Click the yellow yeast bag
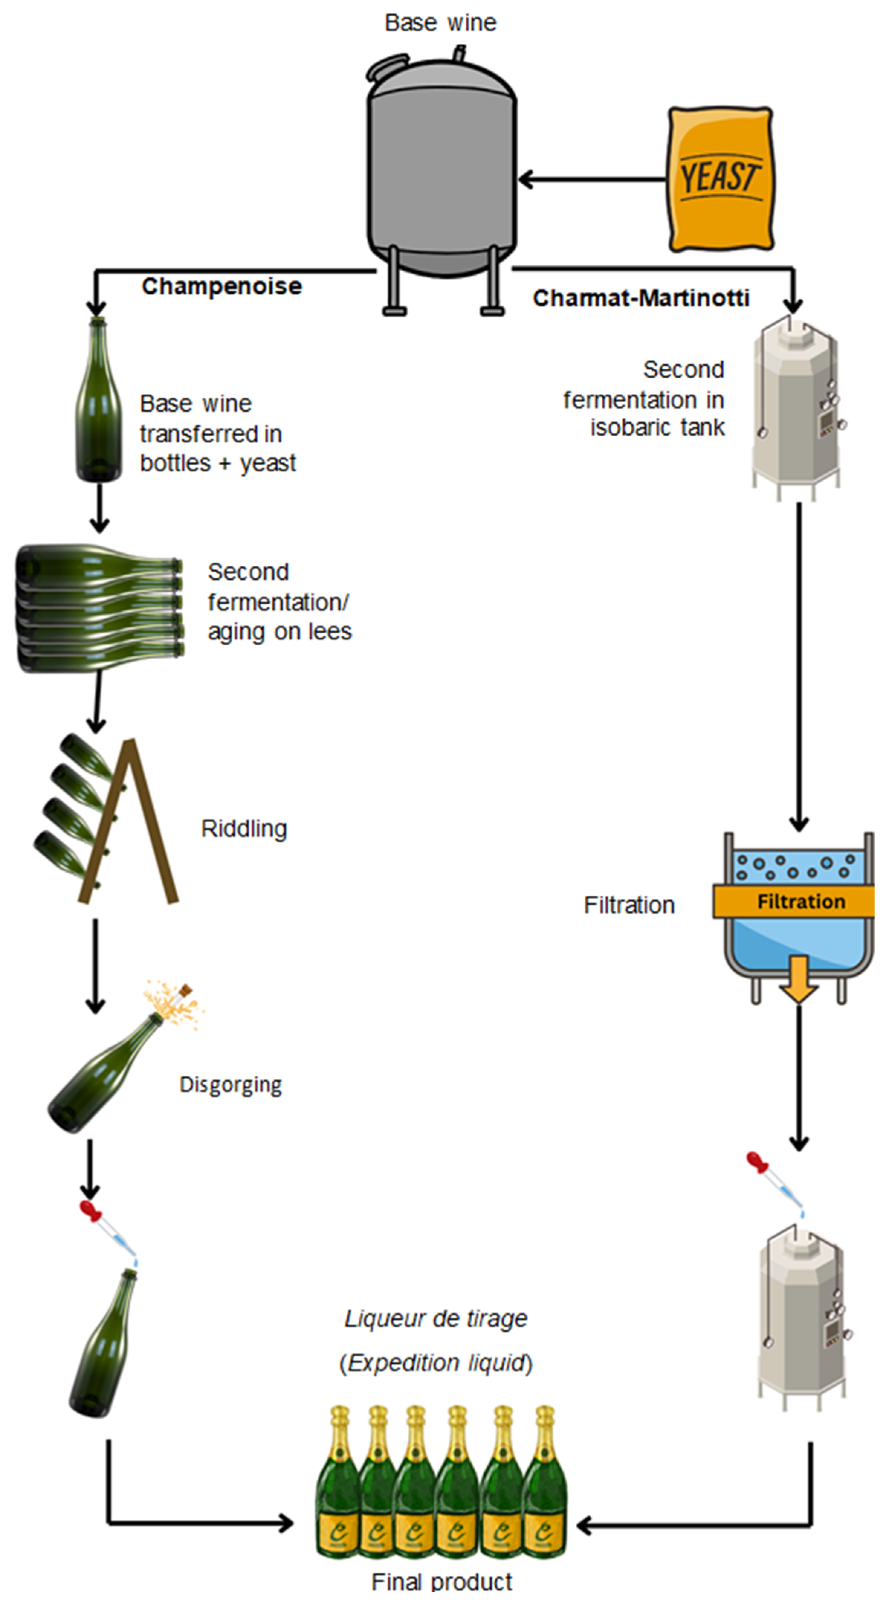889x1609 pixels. tap(720, 179)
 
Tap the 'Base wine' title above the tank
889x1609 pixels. tap(440, 23)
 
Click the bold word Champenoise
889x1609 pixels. tap(222, 287)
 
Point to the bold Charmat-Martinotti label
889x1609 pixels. tap(640, 298)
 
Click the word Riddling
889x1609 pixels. tap(244, 829)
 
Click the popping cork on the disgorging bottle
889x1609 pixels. tap(185, 991)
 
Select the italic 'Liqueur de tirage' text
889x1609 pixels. tap(436, 1319)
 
